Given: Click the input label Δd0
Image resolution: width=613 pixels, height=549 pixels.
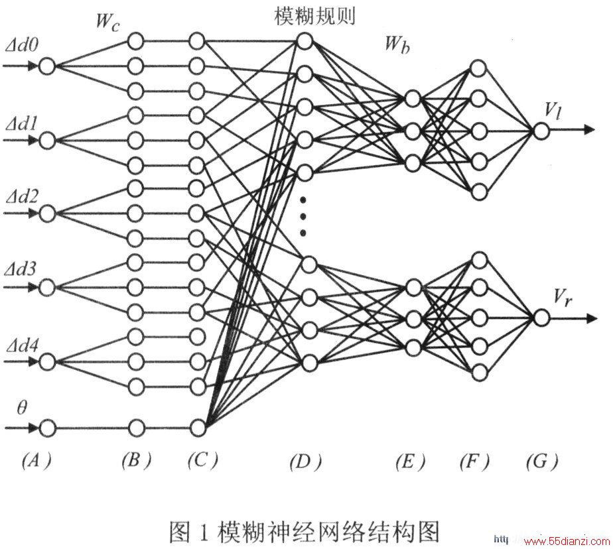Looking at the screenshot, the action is [22, 46].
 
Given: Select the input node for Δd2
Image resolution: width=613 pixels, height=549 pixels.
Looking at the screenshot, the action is [48, 213].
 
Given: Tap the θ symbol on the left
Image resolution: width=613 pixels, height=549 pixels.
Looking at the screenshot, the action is [22, 408].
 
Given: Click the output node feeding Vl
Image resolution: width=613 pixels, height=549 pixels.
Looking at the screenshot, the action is [541, 131].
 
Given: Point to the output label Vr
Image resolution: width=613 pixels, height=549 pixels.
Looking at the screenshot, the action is [563, 298].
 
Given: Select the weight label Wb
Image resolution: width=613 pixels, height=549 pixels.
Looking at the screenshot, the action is [397, 44].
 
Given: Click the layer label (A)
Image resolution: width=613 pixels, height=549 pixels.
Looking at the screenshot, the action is [36, 461].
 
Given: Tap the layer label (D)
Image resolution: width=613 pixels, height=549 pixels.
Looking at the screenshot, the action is [305, 462].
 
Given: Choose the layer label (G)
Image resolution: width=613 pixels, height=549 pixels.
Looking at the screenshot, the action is [542, 462].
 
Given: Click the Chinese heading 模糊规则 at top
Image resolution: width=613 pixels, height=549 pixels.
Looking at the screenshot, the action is [314, 17].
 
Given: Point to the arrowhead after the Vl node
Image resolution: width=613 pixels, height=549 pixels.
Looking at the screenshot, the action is [589, 130].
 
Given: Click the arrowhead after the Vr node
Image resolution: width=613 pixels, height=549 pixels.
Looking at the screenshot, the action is [592, 319].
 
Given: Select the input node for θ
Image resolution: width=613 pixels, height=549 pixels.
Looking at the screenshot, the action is [48, 428].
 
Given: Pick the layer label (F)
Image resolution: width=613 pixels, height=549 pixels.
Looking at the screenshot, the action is [474, 462].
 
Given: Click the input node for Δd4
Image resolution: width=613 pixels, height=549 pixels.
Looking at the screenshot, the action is [48, 361].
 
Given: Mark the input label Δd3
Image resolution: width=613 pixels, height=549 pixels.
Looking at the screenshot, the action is [22, 269].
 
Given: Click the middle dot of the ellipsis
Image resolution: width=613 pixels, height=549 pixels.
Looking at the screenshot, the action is [303, 216].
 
